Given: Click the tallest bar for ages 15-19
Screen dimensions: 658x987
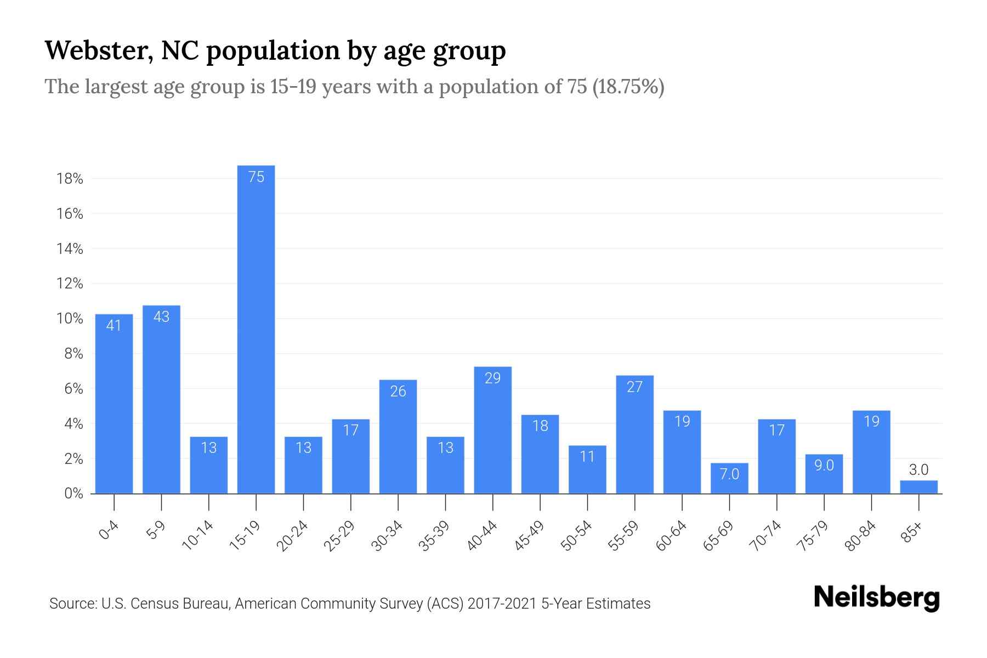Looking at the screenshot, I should [256, 329].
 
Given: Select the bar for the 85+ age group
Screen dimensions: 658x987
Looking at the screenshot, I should [918, 487].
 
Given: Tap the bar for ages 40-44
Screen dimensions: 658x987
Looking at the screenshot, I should [492, 430].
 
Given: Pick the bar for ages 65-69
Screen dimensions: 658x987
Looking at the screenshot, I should [729, 479].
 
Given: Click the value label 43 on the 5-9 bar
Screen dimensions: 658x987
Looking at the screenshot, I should [161, 317].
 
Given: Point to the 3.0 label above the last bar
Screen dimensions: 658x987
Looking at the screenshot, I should [918, 470].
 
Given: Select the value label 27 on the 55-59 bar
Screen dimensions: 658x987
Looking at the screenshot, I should [634, 387].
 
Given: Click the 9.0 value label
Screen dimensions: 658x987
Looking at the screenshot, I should [824, 466].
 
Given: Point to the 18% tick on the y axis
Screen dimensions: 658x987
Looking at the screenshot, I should [70, 179].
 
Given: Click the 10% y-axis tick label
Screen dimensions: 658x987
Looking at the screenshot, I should [70, 319].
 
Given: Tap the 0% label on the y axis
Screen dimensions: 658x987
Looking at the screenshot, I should [73, 493].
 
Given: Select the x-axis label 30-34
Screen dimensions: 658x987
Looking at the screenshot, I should [387, 536].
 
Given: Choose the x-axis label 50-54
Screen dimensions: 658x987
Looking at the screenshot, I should [576, 536].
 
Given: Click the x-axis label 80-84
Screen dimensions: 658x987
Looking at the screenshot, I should [860, 536].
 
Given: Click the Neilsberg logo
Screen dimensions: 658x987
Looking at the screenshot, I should [877, 598].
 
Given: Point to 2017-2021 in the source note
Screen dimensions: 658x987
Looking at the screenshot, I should [502, 604].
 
